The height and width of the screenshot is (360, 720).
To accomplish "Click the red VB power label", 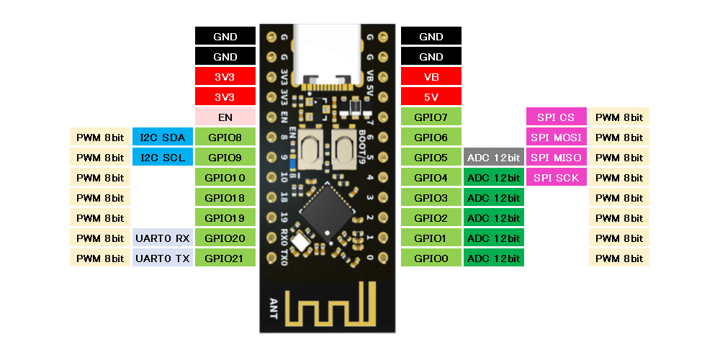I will [x=431, y=76].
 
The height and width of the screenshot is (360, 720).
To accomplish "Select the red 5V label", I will [x=431, y=96].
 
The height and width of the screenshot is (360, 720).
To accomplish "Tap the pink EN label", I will [x=225, y=117].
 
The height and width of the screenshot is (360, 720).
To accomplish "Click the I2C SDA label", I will [x=162, y=137].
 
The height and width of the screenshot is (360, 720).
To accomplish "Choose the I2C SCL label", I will [x=162, y=157].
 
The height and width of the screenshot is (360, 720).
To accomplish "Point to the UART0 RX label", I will [x=162, y=238].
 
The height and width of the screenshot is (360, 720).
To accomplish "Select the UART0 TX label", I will [x=162, y=258].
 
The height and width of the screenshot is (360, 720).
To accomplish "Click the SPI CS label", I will [x=555, y=117].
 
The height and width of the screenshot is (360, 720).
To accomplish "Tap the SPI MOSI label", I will [x=555, y=137].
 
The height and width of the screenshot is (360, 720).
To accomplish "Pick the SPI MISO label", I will [x=555, y=157].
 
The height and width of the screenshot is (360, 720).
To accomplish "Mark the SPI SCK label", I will [x=555, y=177].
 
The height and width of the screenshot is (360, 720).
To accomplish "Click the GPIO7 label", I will [x=431, y=117].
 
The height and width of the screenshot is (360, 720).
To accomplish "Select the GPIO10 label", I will [x=225, y=177].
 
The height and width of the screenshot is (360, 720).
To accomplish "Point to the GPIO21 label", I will [x=225, y=258].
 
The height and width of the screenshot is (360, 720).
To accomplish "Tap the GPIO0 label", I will [x=431, y=258].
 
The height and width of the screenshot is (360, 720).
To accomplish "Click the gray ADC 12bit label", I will [x=493, y=157].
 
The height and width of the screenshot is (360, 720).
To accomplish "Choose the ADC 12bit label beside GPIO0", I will [x=493, y=258].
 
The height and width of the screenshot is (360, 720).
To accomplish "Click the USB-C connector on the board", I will [x=328, y=54].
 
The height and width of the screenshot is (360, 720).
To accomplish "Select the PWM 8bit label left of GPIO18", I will [x=99, y=197].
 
